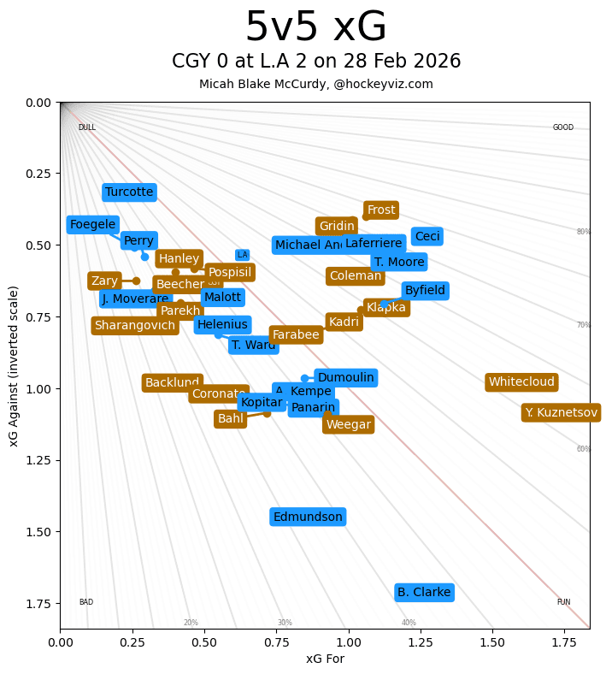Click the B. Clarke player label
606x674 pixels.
(424, 593)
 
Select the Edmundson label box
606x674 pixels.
(309, 517)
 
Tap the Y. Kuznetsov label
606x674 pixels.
(561, 413)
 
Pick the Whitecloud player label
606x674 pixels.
(521, 382)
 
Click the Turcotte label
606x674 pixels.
(129, 192)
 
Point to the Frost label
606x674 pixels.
(381, 210)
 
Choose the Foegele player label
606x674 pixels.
(92, 225)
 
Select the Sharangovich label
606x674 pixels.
(135, 326)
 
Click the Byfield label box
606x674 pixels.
(425, 291)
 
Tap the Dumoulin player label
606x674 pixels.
(345, 378)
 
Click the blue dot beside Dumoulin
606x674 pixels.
(304, 378)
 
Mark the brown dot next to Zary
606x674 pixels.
(136, 281)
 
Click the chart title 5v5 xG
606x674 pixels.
(315, 27)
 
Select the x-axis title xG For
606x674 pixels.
(325, 659)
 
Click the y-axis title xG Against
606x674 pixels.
(14, 357)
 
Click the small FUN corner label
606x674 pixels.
(563, 602)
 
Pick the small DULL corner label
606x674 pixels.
(86, 128)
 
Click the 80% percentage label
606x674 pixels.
(584, 232)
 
